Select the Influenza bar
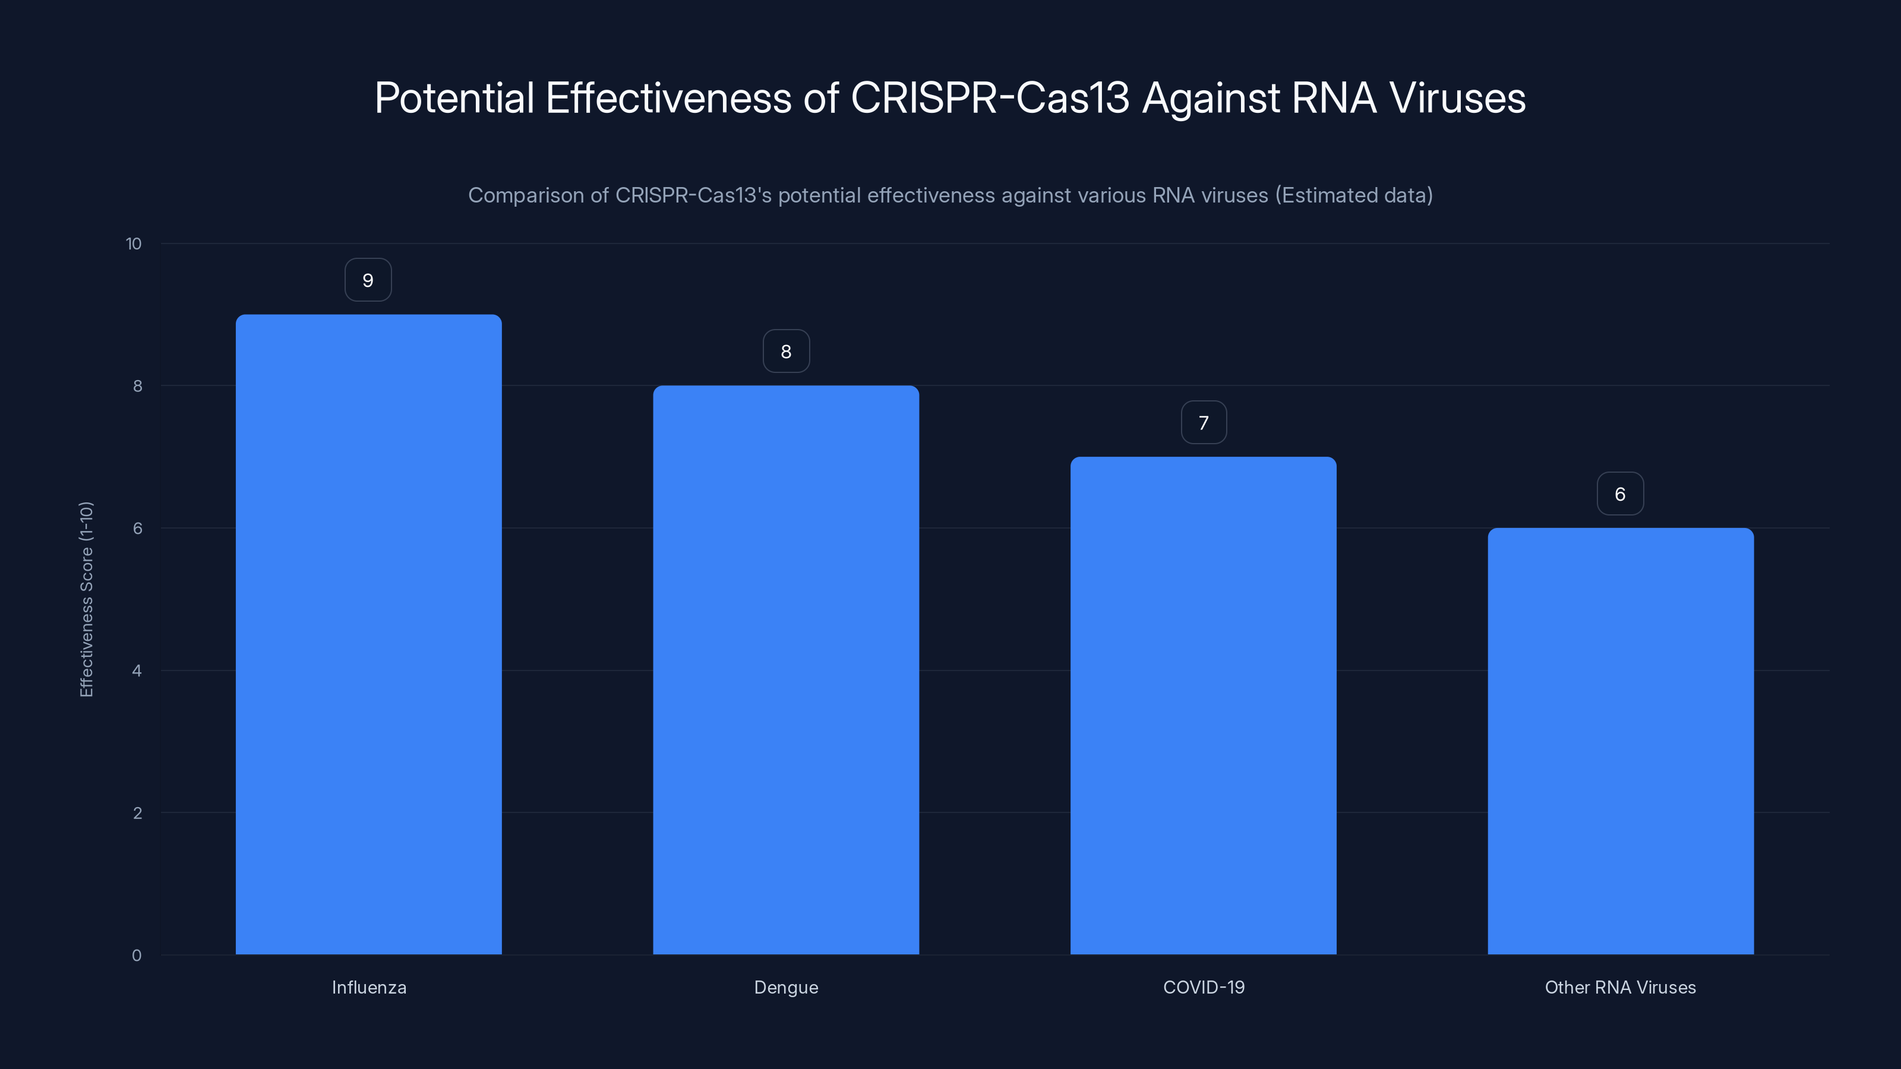368,634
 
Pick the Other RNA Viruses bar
1620,741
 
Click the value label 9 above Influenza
368,280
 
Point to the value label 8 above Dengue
786,352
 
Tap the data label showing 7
1204,423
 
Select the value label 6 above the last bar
1620,494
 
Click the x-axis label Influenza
369,987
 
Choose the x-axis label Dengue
786,987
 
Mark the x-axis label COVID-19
1204,987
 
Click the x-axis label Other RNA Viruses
1620,987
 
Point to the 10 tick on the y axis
134,244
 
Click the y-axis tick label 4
137,671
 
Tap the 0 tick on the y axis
137,956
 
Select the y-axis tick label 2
137,813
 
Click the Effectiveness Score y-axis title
86,599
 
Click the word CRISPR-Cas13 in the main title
990,98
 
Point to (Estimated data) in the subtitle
1354,195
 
